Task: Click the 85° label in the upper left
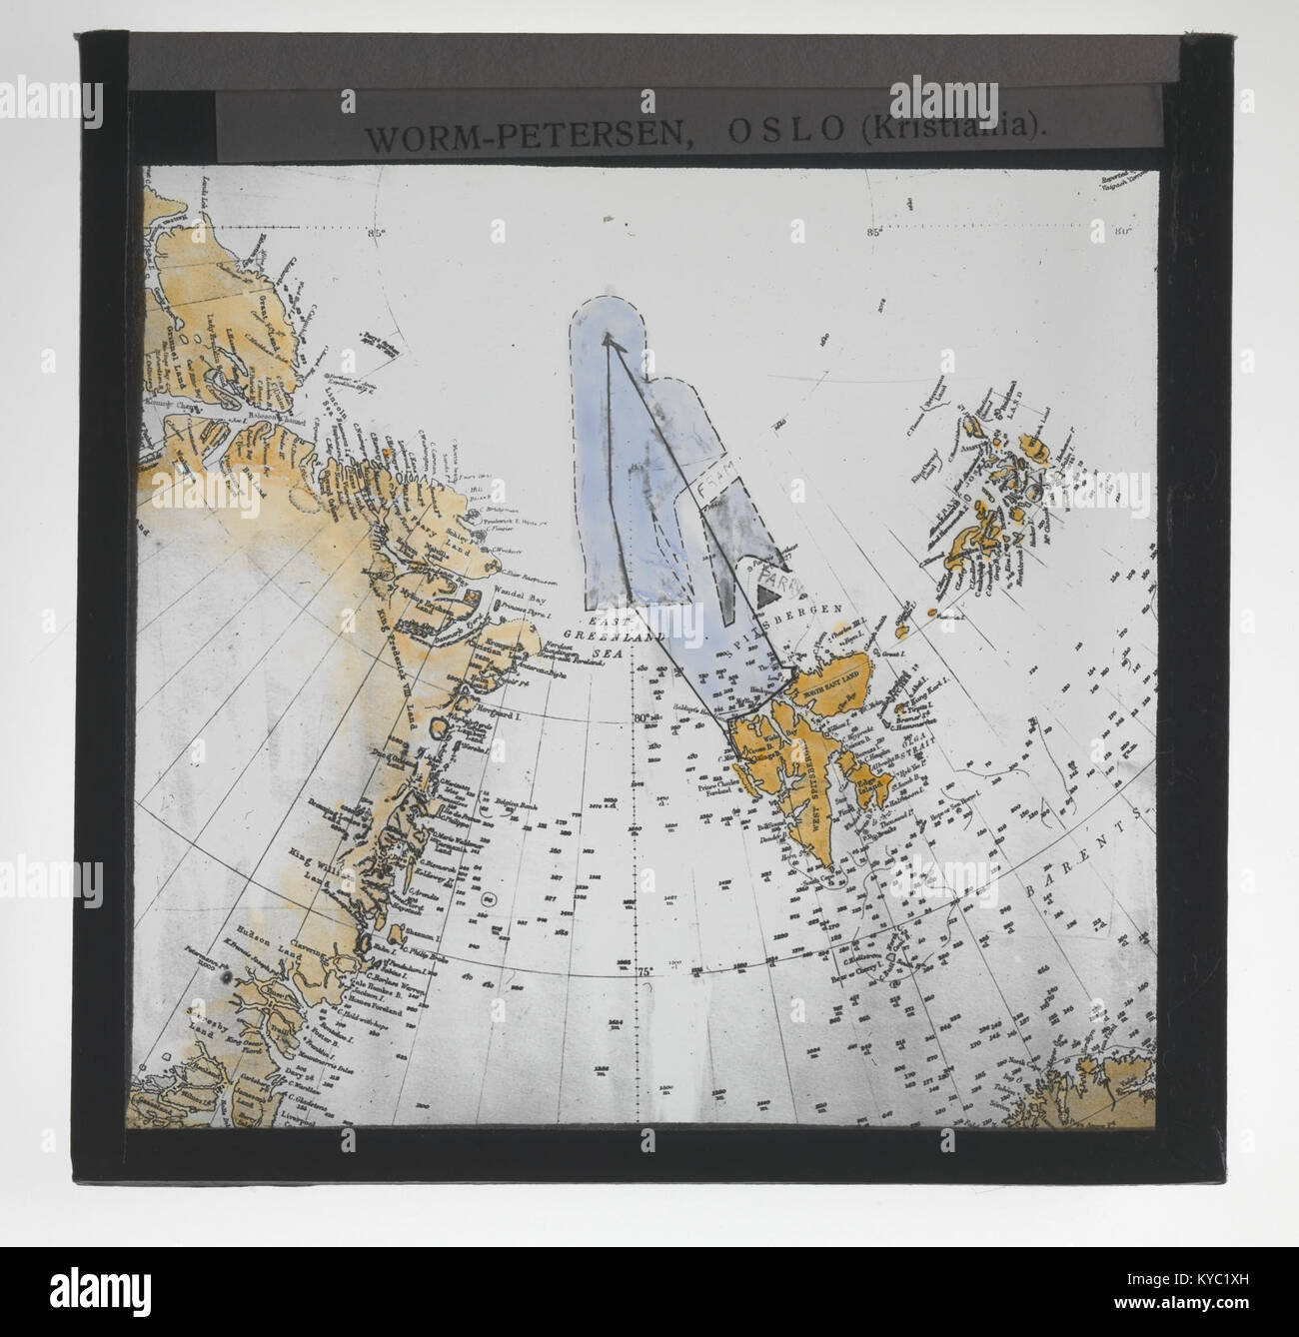point(377,234)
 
